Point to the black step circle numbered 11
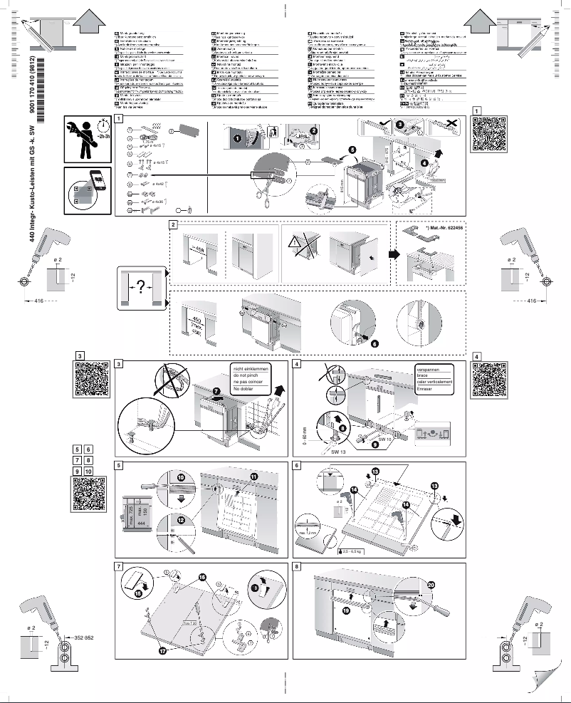(254, 476)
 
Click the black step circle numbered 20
(431, 583)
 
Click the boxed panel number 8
(297, 568)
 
